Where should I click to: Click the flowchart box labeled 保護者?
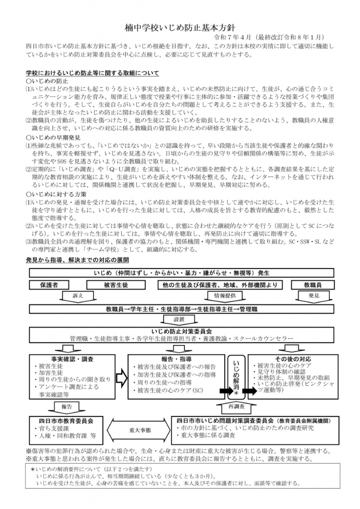click(x=57, y=285)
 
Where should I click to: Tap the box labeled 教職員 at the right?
click(x=312, y=285)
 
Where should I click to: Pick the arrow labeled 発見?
click(x=314, y=296)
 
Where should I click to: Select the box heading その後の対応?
click(x=293, y=358)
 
